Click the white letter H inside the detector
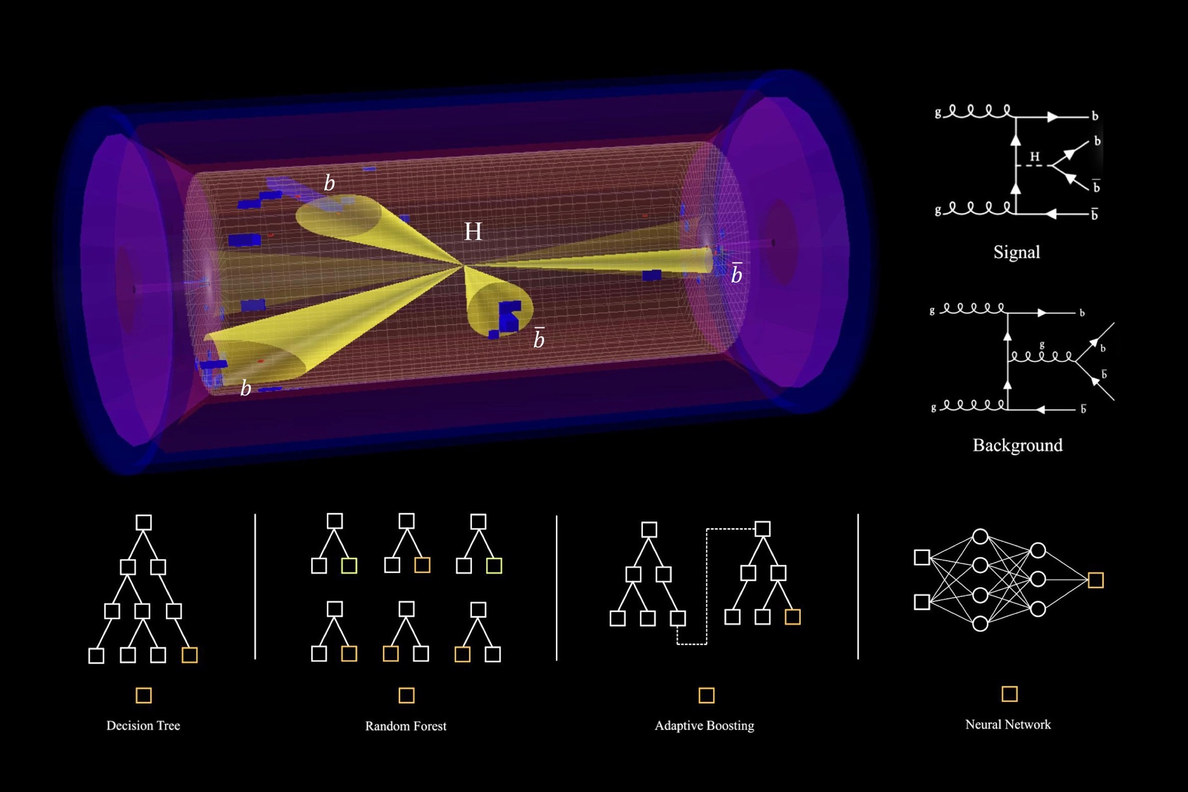click(473, 232)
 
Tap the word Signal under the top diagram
click(1016, 252)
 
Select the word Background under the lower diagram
click(1018, 445)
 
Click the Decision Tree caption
click(143, 725)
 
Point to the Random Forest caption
click(406, 726)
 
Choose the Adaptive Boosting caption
click(705, 725)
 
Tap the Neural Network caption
click(1008, 724)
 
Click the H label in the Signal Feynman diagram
click(1035, 157)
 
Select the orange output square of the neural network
click(1096, 580)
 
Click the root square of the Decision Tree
click(144, 522)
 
